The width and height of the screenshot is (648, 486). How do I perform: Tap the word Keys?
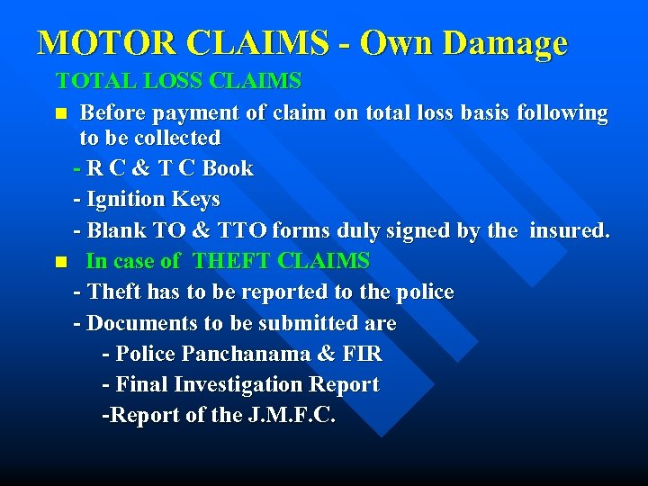click(x=199, y=199)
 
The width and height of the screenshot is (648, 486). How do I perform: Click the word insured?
click(x=569, y=230)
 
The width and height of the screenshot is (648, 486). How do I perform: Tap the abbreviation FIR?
click(x=362, y=354)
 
